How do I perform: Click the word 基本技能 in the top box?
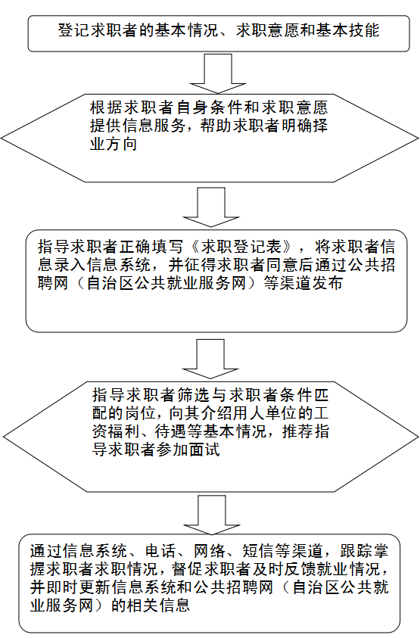pyautogui.click(x=347, y=30)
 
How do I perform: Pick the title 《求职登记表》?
pyautogui.click(x=241, y=247)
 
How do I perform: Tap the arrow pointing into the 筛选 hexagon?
pyautogui.click(x=210, y=359)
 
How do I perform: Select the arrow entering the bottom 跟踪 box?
pyautogui.click(x=212, y=515)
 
